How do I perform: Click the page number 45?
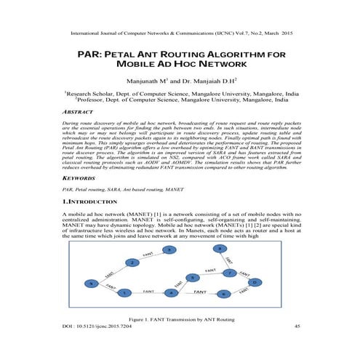pyautogui.click(x=297, y=327)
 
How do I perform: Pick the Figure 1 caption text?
pyautogui.click(x=180, y=319)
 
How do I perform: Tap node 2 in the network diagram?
pyautogui.click(x=132, y=262)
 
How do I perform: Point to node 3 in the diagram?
pyautogui.click(x=169, y=250)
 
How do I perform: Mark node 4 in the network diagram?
pyautogui.click(x=171, y=293)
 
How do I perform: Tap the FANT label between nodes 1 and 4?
pyautogui.click(x=148, y=290)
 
